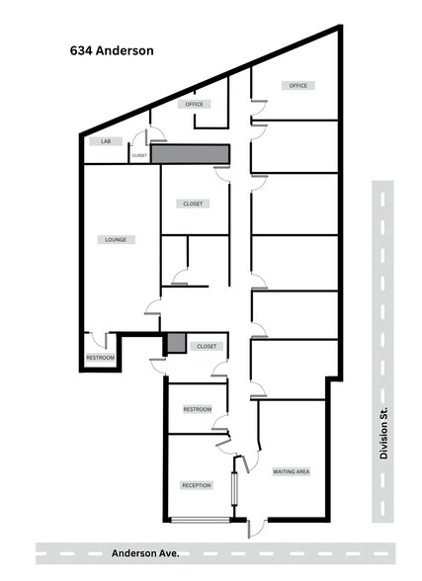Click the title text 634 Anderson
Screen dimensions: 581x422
click(111, 47)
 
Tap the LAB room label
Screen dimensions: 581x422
click(106, 141)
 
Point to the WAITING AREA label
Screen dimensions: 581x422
click(292, 472)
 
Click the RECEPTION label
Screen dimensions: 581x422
click(196, 486)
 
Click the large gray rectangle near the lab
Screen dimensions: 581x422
click(190, 154)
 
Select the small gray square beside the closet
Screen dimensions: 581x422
click(176, 343)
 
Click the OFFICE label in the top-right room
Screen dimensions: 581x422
click(298, 86)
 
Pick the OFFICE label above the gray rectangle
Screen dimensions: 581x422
click(193, 104)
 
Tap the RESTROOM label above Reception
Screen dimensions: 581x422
click(197, 409)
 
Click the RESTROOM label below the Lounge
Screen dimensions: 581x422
click(101, 357)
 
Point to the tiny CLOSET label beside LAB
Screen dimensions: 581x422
click(139, 155)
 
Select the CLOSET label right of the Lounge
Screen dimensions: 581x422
click(193, 204)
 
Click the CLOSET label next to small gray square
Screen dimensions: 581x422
click(207, 347)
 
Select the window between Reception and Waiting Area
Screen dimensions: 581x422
click(235, 488)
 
